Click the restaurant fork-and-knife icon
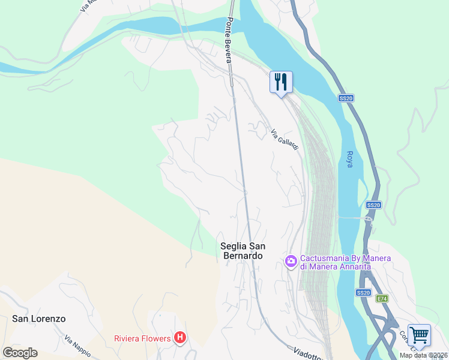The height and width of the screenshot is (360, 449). pyautogui.click(x=280, y=82)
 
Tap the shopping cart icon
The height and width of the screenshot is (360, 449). pyautogui.click(x=418, y=335)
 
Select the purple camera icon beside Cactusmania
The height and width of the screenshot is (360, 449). pyautogui.click(x=291, y=260)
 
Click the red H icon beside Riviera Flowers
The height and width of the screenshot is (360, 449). pyautogui.click(x=179, y=338)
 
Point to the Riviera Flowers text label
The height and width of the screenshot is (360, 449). pyautogui.click(x=143, y=338)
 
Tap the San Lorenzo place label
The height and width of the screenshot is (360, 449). pyautogui.click(x=39, y=319)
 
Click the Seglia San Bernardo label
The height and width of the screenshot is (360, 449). pyautogui.click(x=243, y=251)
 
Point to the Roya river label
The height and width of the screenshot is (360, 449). pyautogui.click(x=349, y=159)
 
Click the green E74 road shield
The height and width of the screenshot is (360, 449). pyautogui.click(x=382, y=298)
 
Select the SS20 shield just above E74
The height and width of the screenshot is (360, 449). pyautogui.click(x=363, y=292)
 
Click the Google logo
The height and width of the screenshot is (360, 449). pyautogui.click(x=20, y=352)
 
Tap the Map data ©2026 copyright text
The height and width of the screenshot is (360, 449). pyautogui.click(x=423, y=355)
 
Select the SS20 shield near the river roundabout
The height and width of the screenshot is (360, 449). pyautogui.click(x=373, y=205)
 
